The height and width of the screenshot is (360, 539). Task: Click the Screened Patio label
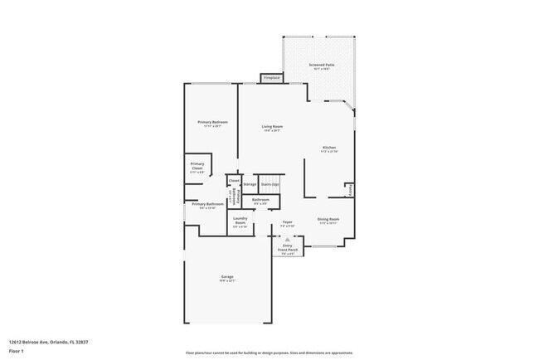click(322, 66)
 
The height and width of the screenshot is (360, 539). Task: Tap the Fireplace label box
click(271, 78)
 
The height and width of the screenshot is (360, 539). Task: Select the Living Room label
click(272, 128)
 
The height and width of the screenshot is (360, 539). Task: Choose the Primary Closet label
click(197, 167)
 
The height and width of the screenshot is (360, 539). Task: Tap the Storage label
click(250, 184)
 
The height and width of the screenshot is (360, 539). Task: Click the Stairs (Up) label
click(269, 184)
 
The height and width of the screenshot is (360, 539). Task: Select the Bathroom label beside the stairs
click(260, 201)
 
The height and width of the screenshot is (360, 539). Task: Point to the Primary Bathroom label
click(209, 205)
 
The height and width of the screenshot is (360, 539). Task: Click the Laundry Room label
click(240, 221)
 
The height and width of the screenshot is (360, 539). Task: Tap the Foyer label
click(287, 223)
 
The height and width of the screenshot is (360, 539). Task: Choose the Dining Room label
click(328, 221)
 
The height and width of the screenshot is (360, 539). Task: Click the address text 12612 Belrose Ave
click(36, 341)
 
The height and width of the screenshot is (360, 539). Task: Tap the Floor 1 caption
click(17, 351)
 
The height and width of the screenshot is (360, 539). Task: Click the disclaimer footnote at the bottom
click(269, 353)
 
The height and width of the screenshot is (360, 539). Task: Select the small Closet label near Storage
click(234, 180)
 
